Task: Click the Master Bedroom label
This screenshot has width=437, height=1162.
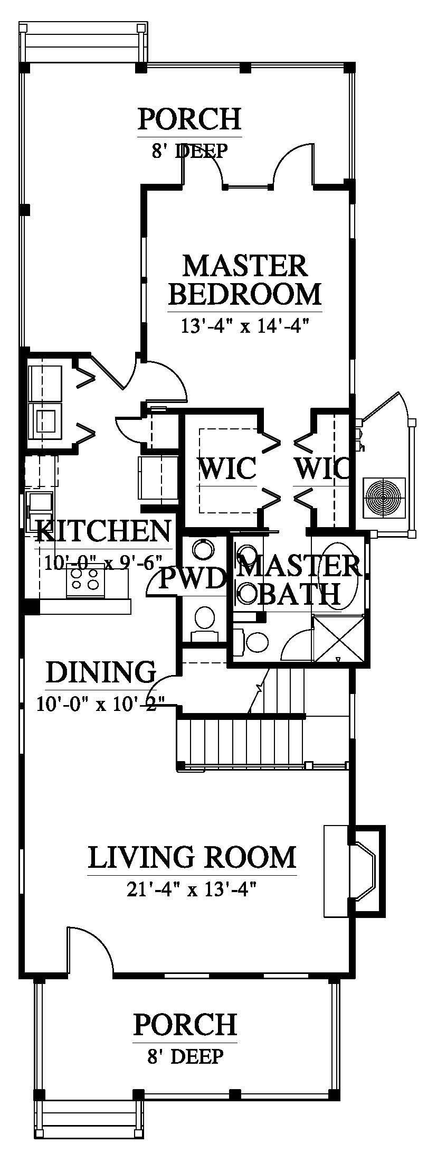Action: click(245, 280)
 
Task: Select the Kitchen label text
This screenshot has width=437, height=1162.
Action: click(103, 531)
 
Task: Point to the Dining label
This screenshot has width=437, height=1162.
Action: click(101, 672)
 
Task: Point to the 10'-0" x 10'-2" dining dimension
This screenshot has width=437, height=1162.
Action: click(101, 704)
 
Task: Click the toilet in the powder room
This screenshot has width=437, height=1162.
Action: click(204, 619)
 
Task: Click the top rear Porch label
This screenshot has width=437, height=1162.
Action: click(189, 119)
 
